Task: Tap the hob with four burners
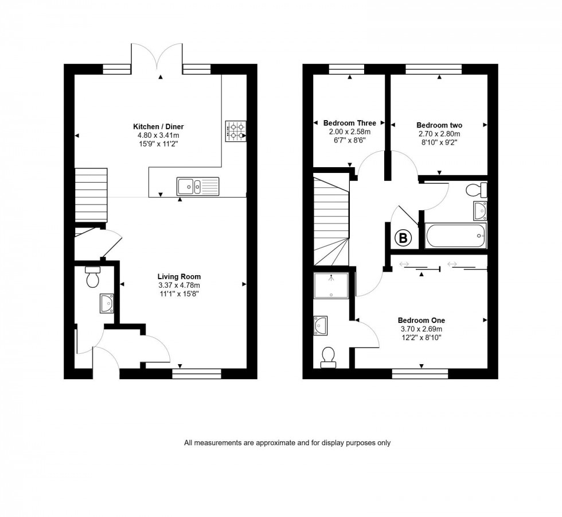click(x=236, y=131)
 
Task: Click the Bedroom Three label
click(x=350, y=123)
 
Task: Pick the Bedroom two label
click(x=439, y=125)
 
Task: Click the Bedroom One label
click(x=421, y=321)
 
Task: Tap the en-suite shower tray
click(x=331, y=285)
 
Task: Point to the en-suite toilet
click(x=329, y=357)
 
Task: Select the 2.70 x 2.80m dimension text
click(x=439, y=134)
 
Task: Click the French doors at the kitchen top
click(x=161, y=57)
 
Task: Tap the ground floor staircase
click(x=92, y=195)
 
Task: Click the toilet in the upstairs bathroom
click(x=477, y=190)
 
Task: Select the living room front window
click(x=197, y=373)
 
